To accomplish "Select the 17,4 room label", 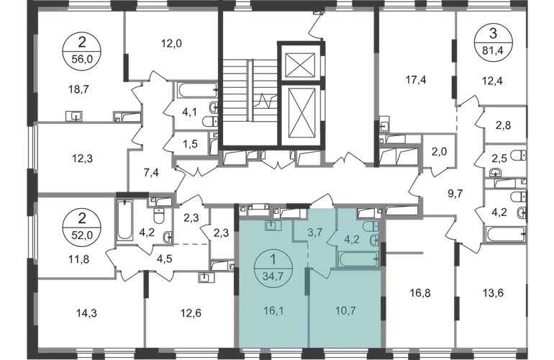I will pyautogui.click(x=414, y=81).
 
